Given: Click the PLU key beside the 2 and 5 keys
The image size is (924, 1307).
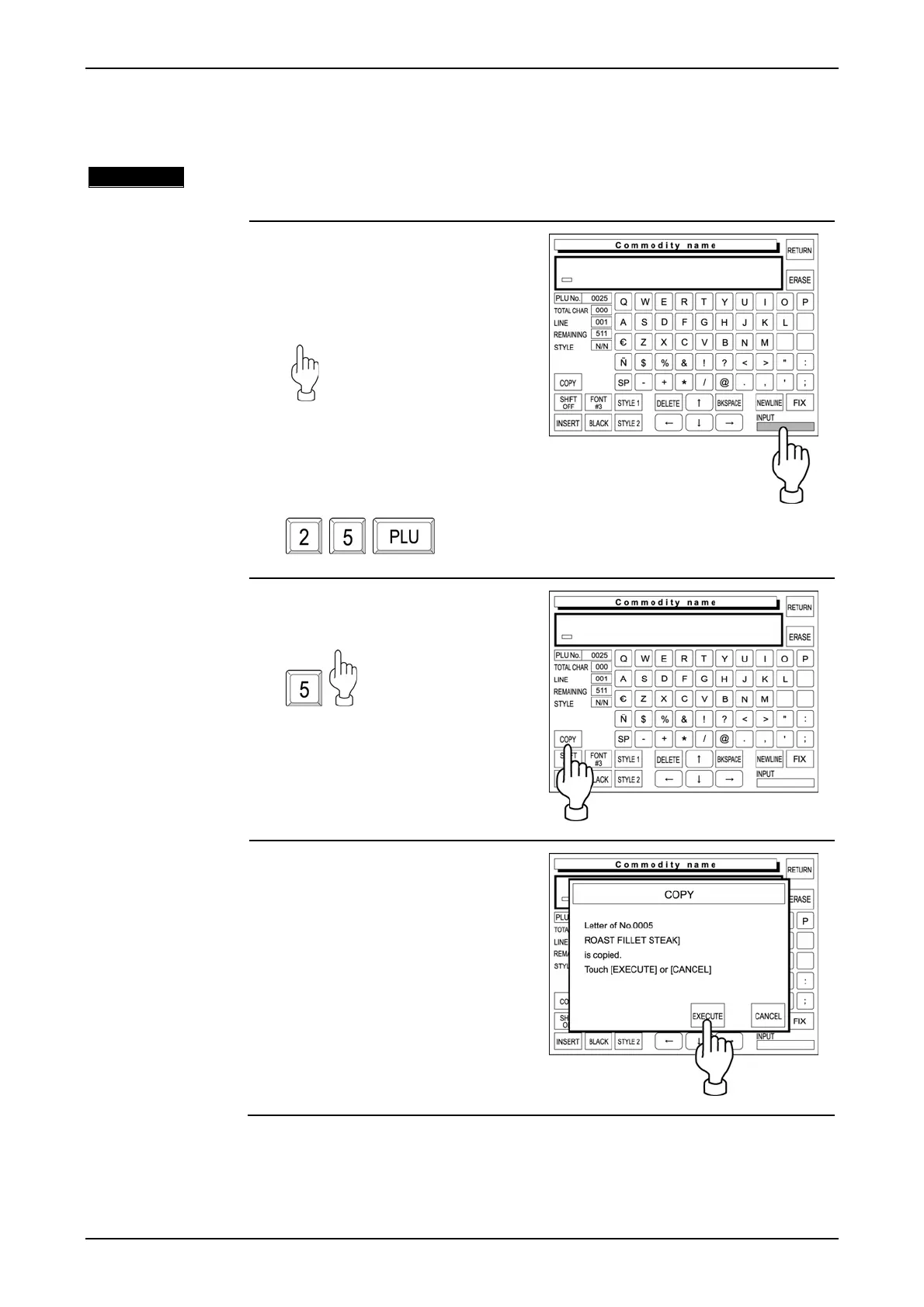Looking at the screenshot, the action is tap(403, 536).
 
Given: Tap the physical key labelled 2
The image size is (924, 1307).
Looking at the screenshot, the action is tap(304, 536).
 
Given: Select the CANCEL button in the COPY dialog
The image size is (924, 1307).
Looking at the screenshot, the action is tap(768, 1016).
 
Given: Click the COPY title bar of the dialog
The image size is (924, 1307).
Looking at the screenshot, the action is tap(679, 895).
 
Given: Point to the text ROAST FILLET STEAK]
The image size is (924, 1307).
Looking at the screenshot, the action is tap(632, 941).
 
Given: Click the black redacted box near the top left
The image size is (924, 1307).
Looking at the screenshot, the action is tap(136, 177).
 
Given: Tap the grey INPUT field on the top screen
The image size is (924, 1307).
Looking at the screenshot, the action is tap(785, 427).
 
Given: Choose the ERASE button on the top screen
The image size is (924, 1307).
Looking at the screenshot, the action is tap(799, 280).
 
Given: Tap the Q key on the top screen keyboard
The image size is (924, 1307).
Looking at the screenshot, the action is tap(624, 302).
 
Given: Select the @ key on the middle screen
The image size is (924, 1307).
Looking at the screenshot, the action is tap(724, 739).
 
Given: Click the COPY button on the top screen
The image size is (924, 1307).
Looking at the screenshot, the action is tap(568, 383).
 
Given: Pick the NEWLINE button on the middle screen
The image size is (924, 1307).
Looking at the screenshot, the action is tap(769, 759).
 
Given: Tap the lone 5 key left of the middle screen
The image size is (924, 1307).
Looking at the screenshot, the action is tap(304, 689).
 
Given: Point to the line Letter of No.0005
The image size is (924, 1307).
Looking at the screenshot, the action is tap(618, 926).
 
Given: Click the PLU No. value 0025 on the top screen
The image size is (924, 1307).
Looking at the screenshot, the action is tap(599, 298).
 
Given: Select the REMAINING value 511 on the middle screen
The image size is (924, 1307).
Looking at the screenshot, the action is tap(601, 690).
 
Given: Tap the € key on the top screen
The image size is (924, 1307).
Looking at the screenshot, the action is tap(624, 342).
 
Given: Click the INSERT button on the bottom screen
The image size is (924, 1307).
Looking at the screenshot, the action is tap(568, 1042).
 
